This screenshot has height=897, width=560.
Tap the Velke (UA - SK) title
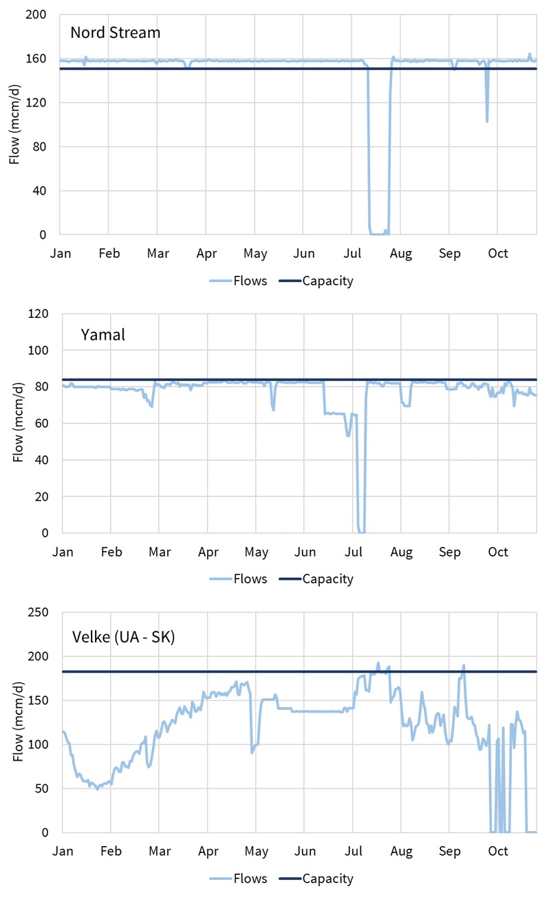tap(124, 636)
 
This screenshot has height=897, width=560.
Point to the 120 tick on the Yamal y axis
tap(41, 314)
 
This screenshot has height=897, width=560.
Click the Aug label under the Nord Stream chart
tap(401, 253)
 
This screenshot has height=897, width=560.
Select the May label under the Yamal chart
tap(256, 552)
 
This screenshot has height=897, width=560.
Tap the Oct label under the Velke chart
tap(498, 851)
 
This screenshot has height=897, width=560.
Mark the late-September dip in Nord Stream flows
tap(487, 121)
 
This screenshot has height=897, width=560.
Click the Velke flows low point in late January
tap(97, 789)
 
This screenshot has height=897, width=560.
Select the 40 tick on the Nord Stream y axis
tap(43, 191)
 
